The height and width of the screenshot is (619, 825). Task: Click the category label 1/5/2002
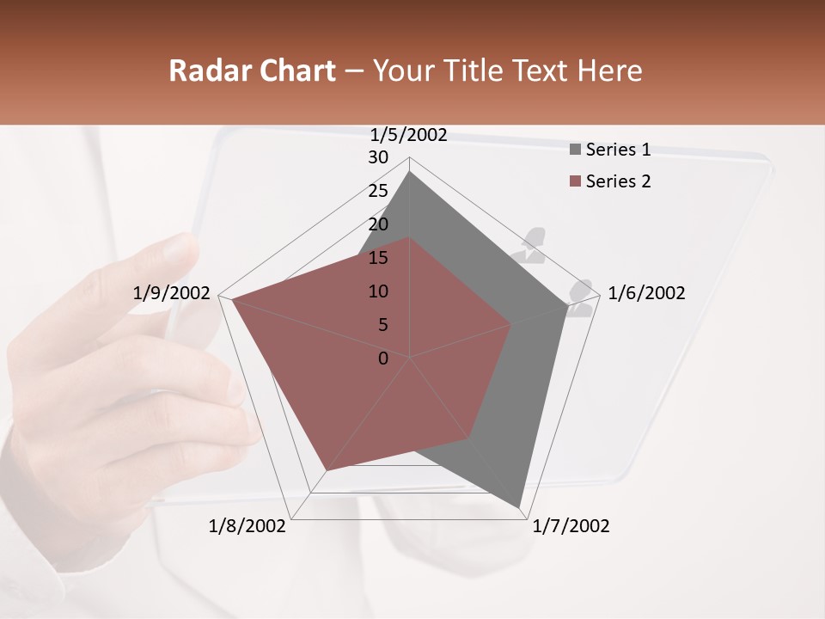[409, 134]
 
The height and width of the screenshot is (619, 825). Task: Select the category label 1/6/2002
[646, 293]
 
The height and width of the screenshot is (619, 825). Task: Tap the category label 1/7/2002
[571, 526]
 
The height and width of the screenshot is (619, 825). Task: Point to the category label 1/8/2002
[247, 526]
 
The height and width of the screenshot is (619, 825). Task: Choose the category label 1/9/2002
[172, 293]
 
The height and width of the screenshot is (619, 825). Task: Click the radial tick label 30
[378, 157]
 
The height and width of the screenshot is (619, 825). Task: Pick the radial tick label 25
[378, 191]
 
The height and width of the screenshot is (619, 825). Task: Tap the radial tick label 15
[378, 258]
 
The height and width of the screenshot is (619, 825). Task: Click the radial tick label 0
[383, 359]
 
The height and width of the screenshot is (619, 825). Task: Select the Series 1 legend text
[618, 150]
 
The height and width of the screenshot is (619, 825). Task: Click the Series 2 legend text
[618, 181]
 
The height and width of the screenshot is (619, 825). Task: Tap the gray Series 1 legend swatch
[575, 150]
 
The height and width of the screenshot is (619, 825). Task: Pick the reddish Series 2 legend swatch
[575, 182]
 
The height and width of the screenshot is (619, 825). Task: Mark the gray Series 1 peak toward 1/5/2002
[410, 172]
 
